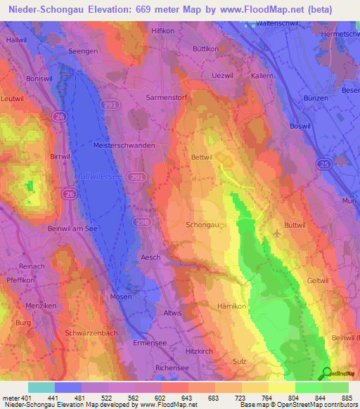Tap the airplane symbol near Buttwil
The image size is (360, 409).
click(x=278, y=233)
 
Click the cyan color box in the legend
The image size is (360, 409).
click(x=41, y=387)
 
